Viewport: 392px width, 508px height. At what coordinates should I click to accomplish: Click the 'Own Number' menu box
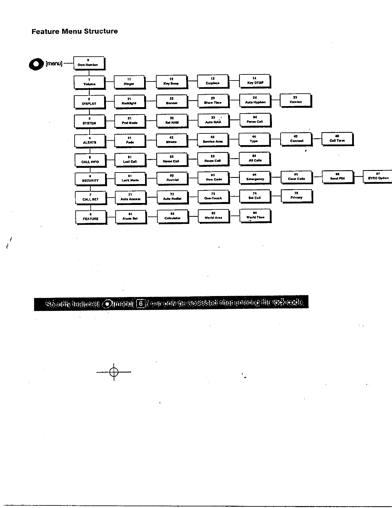tap(89, 63)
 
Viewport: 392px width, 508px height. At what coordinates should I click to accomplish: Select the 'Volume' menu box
tap(89, 82)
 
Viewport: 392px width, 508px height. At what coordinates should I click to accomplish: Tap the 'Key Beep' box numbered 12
tap(171, 81)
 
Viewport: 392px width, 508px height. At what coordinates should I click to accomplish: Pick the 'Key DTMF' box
tap(255, 81)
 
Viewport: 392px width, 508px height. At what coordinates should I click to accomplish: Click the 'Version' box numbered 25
tap(296, 100)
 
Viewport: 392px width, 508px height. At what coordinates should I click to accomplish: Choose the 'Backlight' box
tap(130, 101)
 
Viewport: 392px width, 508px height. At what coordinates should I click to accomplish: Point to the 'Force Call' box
tap(255, 120)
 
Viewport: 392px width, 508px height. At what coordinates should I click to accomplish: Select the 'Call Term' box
tap(337, 139)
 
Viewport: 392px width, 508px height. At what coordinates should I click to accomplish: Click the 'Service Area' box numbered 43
tap(213, 140)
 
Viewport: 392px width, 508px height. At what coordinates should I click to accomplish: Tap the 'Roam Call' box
tap(213, 159)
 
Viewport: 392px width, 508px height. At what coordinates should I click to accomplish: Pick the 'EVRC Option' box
tap(378, 176)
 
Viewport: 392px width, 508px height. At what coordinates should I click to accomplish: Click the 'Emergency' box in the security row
tap(255, 177)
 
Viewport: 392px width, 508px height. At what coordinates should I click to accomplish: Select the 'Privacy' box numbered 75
tap(297, 196)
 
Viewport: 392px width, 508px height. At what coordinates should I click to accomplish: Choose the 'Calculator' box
tap(173, 216)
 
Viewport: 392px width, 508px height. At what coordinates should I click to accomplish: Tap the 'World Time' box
tap(255, 216)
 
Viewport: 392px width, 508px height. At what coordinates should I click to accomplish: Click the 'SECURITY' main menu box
tap(90, 179)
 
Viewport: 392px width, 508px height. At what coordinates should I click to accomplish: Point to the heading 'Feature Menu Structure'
tap(75, 31)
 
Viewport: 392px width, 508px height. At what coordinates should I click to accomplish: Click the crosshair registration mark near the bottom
tap(114, 372)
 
